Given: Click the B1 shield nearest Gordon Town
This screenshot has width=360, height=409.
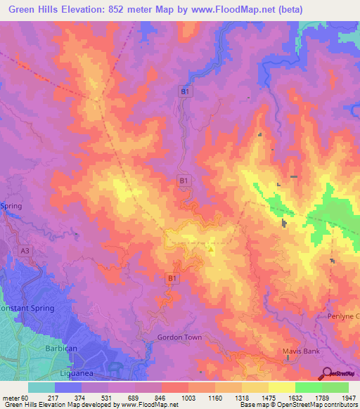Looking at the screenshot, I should [x=171, y=279].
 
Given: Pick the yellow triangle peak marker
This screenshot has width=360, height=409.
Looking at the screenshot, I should [x=210, y=248].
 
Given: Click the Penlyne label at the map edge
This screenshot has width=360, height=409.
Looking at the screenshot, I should [x=343, y=316].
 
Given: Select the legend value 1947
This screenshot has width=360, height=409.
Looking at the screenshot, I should [x=349, y=398].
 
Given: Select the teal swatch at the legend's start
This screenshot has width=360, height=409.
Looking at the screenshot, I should [x=41, y=387].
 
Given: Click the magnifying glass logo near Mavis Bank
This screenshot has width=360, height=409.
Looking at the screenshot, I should [x=328, y=373].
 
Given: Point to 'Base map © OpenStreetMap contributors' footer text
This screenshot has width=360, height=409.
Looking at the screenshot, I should [x=298, y=405].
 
